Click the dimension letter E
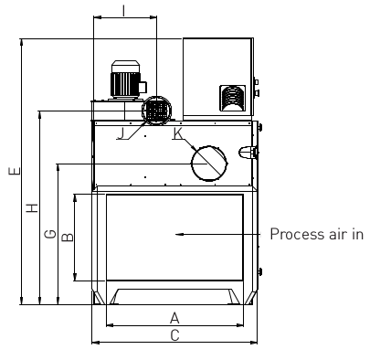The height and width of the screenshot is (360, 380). [x=15, y=171]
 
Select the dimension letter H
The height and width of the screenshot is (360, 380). [x=32, y=207]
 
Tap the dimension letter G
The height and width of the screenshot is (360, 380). [x=50, y=234]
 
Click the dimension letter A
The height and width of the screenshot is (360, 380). [x=174, y=318]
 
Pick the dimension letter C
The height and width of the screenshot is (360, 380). [x=174, y=335]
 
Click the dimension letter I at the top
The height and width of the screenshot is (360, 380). [x=123, y=11]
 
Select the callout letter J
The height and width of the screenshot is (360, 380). [x=121, y=133]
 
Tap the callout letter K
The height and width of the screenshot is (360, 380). [x=178, y=133]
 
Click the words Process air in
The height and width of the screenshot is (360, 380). [x=317, y=234]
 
